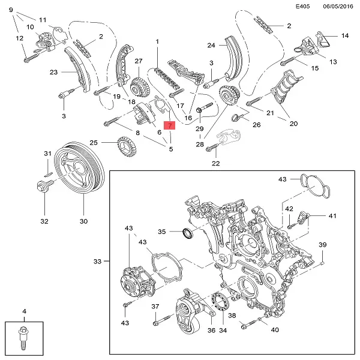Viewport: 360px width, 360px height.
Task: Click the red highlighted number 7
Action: pyautogui.click(x=170, y=126)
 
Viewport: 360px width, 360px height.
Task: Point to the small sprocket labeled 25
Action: pyautogui.click(x=125, y=145)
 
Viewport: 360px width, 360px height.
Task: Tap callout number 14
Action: pyautogui.click(x=344, y=36)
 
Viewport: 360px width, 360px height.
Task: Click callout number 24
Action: pyautogui.click(x=211, y=46)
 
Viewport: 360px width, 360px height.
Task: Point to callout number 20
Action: pyautogui.click(x=293, y=124)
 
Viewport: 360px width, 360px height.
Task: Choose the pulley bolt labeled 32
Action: pyautogui.click(x=44, y=186)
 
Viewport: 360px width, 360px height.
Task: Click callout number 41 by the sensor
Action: pyautogui.click(x=332, y=216)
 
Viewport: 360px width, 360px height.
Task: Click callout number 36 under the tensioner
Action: pyautogui.click(x=211, y=331)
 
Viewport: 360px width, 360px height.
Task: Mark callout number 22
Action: pyautogui.click(x=215, y=163)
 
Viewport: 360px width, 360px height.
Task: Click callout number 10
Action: pyautogui.click(x=30, y=27)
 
